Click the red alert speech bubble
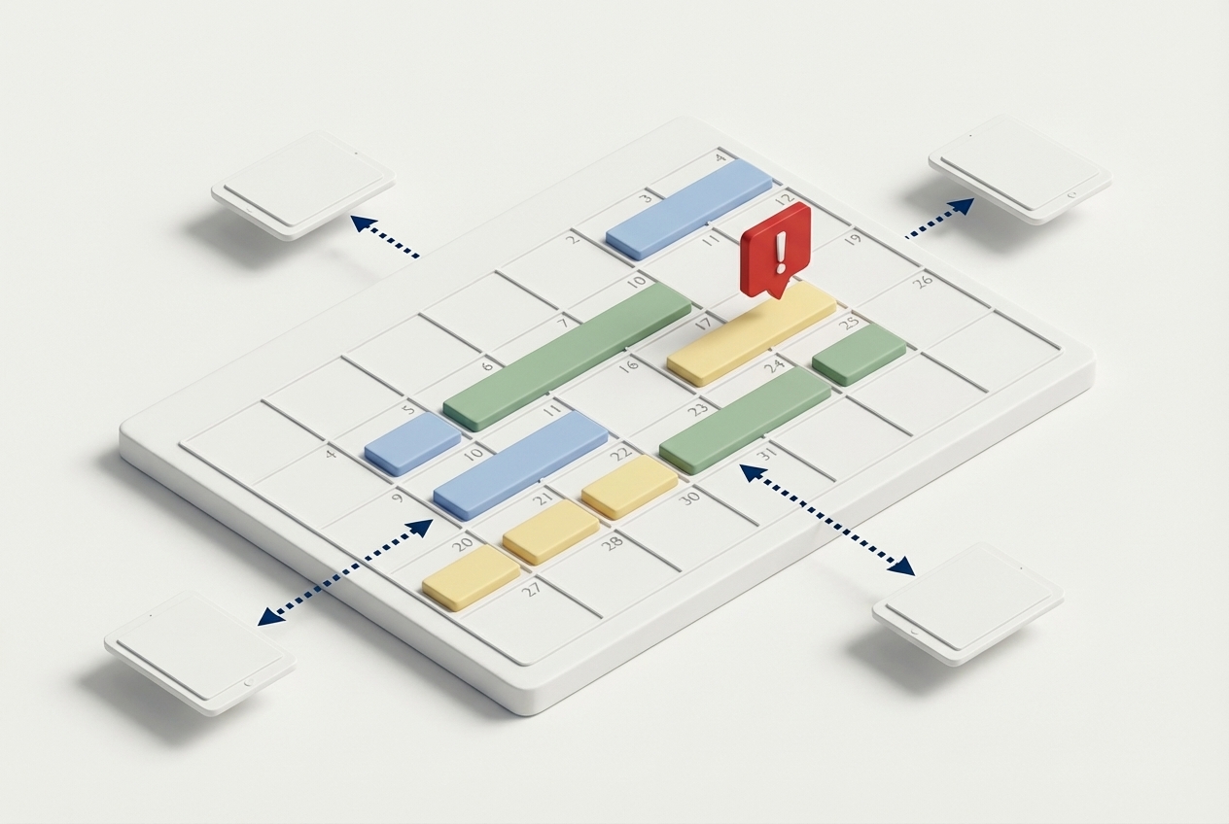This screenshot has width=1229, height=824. click(x=775, y=248)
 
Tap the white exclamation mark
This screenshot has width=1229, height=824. click(x=780, y=251)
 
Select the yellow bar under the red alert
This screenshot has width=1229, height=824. click(x=752, y=333)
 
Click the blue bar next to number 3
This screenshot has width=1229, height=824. click(x=688, y=208)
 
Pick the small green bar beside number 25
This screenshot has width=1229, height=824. click(x=859, y=353)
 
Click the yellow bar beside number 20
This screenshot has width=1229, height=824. click(x=471, y=576)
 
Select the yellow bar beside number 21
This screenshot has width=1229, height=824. click(x=550, y=531)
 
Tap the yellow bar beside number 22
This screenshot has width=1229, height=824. click(x=629, y=486)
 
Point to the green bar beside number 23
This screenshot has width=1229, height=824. click(x=745, y=419)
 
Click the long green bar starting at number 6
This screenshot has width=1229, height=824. click(x=567, y=356)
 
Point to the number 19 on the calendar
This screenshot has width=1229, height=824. click(x=853, y=238)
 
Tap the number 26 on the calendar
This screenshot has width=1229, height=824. click(x=922, y=282)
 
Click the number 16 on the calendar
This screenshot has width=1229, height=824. click(x=629, y=365)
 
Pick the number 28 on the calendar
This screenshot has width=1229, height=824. click(x=612, y=543)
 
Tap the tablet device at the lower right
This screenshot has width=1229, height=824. click(x=966, y=602)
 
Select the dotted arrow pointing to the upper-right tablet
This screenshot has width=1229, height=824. click(x=939, y=218)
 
